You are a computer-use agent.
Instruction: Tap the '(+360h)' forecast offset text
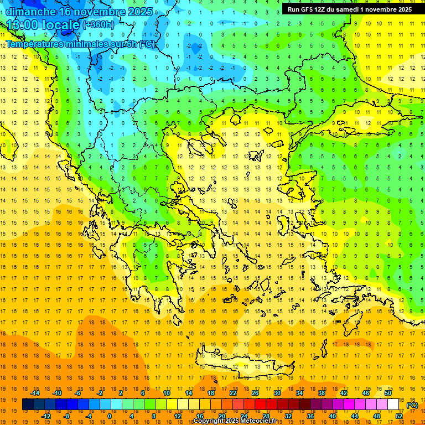[x=99, y=25]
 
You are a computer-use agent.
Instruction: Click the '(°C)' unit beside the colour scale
[x=412, y=405]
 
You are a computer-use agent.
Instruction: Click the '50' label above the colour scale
[x=387, y=393]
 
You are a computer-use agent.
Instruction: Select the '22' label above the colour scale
[x=233, y=393]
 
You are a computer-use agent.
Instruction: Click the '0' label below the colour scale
[x=110, y=416]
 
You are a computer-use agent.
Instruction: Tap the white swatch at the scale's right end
[x=393, y=405]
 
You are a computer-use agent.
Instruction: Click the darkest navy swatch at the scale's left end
[x=28, y=405]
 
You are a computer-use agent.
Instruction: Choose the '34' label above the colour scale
[x=299, y=393]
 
